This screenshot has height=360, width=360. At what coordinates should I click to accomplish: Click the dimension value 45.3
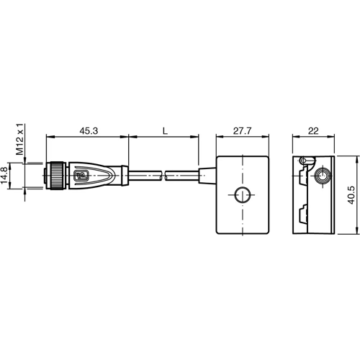[89, 131]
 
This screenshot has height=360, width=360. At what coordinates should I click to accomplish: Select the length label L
[165, 131]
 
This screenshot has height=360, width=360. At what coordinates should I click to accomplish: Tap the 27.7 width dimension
[242, 131]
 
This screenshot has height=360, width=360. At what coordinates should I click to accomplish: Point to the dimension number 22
[312, 131]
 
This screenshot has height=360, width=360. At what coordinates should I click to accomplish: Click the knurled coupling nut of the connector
[54, 175]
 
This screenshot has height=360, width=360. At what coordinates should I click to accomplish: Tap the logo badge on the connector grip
[81, 175]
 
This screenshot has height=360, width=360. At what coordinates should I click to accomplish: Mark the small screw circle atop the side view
[306, 160]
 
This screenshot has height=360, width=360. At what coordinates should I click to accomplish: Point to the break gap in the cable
[163, 175]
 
